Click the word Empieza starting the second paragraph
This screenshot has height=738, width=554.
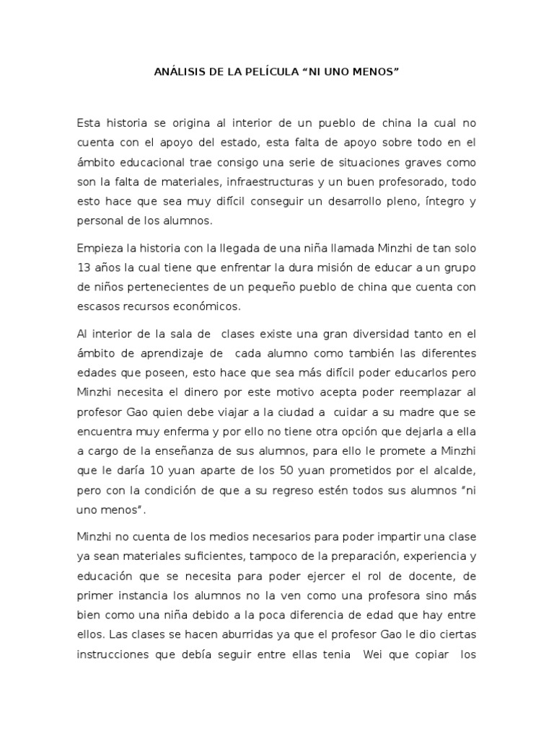[x=100, y=248]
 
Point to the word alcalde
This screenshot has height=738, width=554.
[x=453, y=471]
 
